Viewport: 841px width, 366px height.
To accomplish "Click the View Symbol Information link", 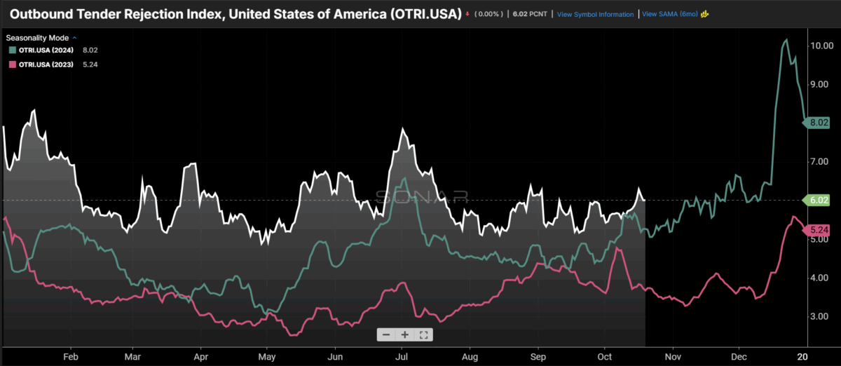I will [595, 14].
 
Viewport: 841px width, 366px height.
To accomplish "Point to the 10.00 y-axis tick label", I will [821, 46].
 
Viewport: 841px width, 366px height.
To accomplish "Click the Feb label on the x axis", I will [71, 355].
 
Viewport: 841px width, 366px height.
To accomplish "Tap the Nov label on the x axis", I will [672, 355].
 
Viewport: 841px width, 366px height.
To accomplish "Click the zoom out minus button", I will [387, 334].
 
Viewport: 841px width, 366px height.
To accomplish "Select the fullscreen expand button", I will [423, 334].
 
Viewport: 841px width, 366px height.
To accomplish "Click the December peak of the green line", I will [786, 40].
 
